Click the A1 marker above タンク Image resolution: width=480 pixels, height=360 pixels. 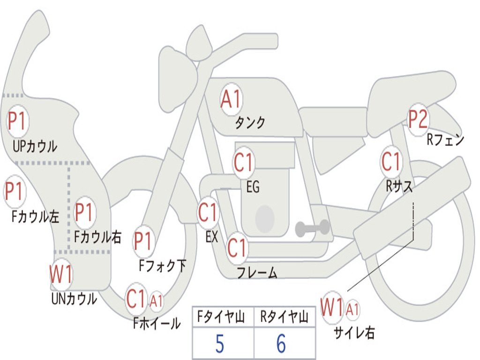(x=231, y=99)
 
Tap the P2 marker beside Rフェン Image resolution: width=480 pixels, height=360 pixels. (x=418, y=120)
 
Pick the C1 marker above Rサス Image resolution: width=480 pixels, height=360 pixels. (x=391, y=161)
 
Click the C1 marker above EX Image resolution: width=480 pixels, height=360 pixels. (x=208, y=213)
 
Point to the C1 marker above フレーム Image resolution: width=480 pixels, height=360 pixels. (x=237, y=247)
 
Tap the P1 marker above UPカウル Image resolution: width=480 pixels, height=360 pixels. (x=17, y=121)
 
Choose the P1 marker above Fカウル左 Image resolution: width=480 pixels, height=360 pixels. (x=15, y=191)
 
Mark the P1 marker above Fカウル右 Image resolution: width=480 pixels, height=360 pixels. (x=85, y=213)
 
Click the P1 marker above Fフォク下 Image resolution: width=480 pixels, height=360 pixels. (x=143, y=241)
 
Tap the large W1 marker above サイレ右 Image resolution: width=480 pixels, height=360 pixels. (x=332, y=308)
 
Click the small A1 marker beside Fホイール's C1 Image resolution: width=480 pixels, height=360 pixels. (x=156, y=301)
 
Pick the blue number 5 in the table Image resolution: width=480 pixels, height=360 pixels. (x=219, y=344)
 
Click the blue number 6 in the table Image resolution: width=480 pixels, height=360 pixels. (x=281, y=344)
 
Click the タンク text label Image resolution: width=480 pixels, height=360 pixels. (x=249, y=123)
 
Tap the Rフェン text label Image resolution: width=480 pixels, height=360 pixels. (x=445, y=140)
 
